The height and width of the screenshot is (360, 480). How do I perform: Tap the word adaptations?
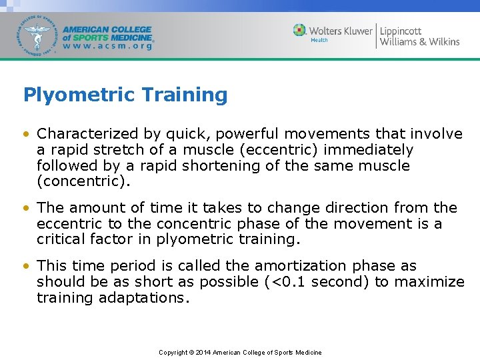[145, 298]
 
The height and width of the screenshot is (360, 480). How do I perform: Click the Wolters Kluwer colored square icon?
[300, 31]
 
